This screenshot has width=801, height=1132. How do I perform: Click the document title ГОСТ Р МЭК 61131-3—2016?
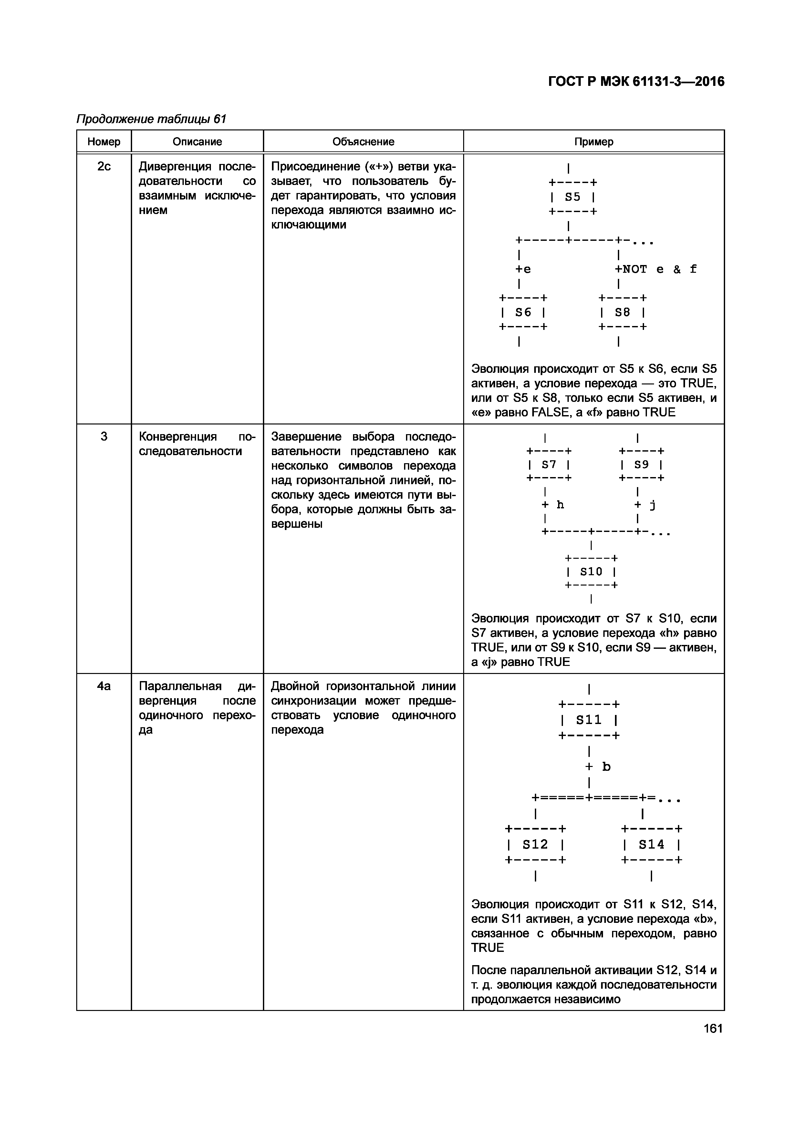pyautogui.click(x=636, y=81)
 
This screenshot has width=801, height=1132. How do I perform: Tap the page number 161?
pyautogui.click(x=713, y=1028)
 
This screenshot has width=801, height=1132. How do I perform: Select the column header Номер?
pyautogui.click(x=104, y=142)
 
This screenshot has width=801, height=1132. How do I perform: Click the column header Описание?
pyautogui.click(x=197, y=142)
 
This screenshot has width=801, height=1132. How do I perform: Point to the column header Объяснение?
pyautogui.click(x=363, y=142)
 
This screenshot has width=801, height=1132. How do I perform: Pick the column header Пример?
pyautogui.click(x=594, y=142)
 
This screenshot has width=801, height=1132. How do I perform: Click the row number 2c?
pyautogui.click(x=104, y=167)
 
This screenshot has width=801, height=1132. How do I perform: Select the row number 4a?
pyautogui.click(x=104, y=686)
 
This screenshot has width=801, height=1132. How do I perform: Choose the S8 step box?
pyautogui.click(x=622, y=312)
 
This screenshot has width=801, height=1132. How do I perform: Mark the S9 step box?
pyautogui.click(x=641, y=464)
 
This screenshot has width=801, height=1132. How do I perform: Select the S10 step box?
pyautogui.click(x=591, y=572)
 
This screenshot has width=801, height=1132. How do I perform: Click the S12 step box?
pyautogui.click(x=535, y=845)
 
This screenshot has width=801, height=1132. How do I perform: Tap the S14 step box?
pyautogui.click(x=651, y=845)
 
